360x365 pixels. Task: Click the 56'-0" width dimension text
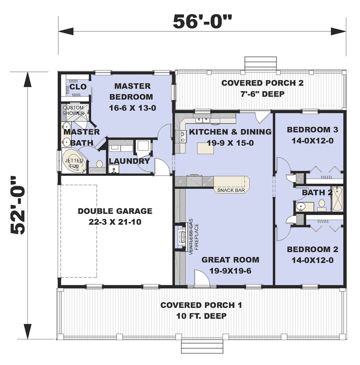(x=202, y=22)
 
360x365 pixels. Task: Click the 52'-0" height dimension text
(x=18, y=205)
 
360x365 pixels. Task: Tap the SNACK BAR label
(x=231, y=190)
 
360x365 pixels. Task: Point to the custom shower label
(x=73, y=110)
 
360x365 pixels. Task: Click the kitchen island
(x=205, y=148)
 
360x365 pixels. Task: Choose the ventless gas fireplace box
(x=181, y=237)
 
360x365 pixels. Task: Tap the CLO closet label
(x=78, y=87)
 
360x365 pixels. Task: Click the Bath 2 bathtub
(x=337, y=199)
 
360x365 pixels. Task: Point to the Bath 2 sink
(x=301, y=206)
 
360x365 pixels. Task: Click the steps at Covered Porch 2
(x=261, y=63)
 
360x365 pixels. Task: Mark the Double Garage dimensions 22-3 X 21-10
(x=115, y=222)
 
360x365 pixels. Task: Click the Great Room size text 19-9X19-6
(x=230, y=271)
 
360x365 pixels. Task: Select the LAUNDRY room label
(x=129, y=161)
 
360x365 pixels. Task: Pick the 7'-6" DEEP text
(x=263, y=94)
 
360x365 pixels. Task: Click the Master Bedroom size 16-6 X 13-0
(x=132, y=108)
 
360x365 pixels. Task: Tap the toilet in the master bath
(x=99, y=164)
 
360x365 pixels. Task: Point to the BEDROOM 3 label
(x=313, y=130)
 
